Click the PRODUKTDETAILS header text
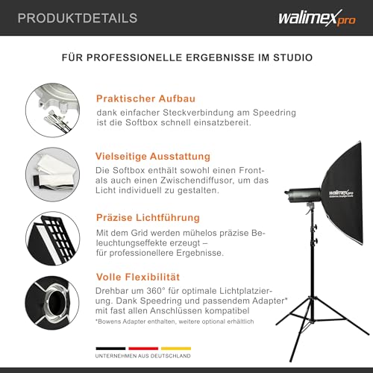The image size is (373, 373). [68, 17]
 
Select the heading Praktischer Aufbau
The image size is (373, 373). [142, 98]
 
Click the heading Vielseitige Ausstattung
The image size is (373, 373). [153, 157]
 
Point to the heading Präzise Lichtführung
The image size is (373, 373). [148, 218]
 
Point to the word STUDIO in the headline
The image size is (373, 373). [292, 57]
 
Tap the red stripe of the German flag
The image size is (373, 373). [143, 348]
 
